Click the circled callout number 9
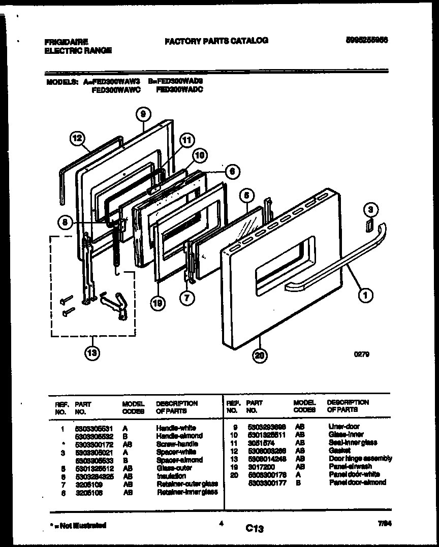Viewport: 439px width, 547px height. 143,115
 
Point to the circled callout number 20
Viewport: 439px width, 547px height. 260,356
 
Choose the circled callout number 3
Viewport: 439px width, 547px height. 371,209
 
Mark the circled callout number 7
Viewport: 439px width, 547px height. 187,298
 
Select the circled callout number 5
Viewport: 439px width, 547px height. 246,194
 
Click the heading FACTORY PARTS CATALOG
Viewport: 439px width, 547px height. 216,41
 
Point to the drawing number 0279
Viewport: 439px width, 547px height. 361,355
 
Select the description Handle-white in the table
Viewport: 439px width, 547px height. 176,428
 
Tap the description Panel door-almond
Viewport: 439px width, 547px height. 357,482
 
